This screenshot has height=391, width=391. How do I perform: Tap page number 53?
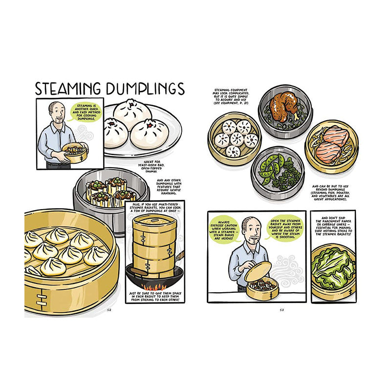282,309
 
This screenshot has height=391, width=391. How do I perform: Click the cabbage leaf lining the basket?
333,268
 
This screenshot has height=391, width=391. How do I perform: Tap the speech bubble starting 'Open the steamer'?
280,226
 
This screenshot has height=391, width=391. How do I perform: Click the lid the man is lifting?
258,271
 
